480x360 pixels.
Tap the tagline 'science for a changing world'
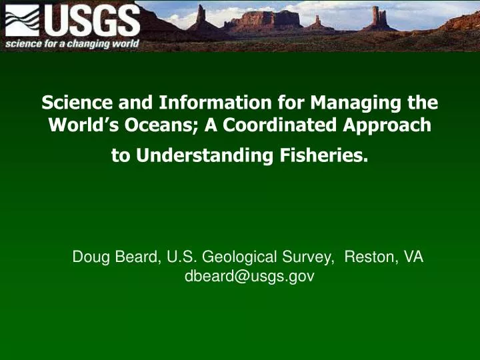pyautogui.click(x=73, y=44)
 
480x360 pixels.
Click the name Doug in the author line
pyautogui.click(x=89, y=257)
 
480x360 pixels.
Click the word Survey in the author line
pyautogui.click(x=311, y=257)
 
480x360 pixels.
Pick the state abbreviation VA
pyautogui.click(x=413, y=257)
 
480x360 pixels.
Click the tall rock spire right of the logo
pyautogui.click(x=200, y=16)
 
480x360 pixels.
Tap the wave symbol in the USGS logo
pyautogui.click(x=21, y=21)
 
